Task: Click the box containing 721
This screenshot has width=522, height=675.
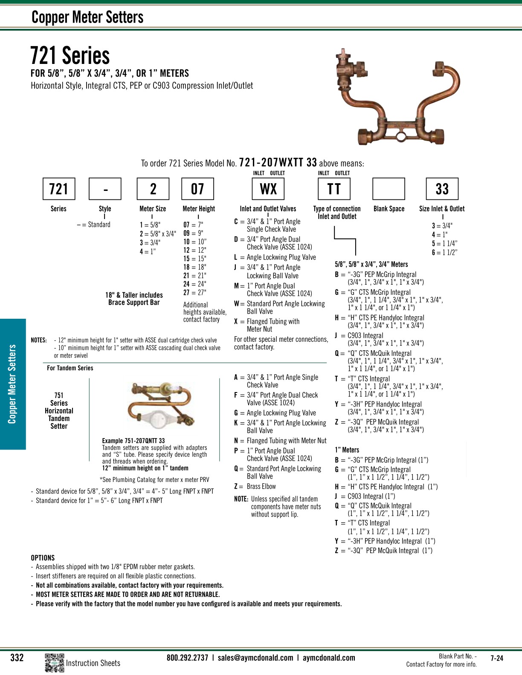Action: click(x=59, y=189)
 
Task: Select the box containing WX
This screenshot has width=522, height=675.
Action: click(x=268, y=189)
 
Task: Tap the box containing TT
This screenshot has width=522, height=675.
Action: click(x=334, y=189)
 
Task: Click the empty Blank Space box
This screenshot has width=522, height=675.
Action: click(x=389, y=189)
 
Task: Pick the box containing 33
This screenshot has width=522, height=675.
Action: click(x=442, y=189)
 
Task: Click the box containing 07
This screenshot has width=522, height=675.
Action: click(x=198, y=189)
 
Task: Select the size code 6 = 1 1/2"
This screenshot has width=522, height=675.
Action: click(x=444, y=252)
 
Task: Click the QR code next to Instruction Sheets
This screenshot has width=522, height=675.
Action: click(x=54, y=663)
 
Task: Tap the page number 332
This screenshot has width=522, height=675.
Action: click(x=17, y=658)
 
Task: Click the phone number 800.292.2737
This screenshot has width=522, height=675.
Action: click(x=187, y=658)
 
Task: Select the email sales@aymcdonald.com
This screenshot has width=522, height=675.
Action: click(x=255, y=658)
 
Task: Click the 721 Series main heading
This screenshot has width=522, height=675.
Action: click(x=70, y=56)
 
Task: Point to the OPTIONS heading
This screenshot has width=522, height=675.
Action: click(x=43, y=558)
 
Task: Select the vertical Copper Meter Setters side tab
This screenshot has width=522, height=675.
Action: click(x=12, y=384)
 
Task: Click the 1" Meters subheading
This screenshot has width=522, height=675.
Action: click(x=347, y=450)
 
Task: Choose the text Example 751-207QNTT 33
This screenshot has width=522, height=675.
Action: click(x=133, y=441)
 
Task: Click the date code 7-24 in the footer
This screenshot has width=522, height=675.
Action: click(x=497, y=658)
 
